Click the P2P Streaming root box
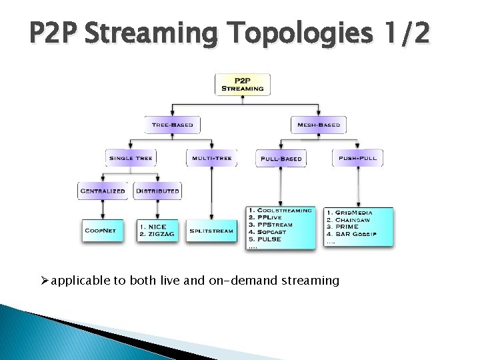[x=242, y=84]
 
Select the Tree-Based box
[x=173, y=125]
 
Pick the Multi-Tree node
[x=211, y=158]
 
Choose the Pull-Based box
[x=281, y=159]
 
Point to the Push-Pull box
[x=357, y=158]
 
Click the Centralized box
[x=103, y=191]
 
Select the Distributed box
[x=157, y=191]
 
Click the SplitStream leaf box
[x=211, y=231]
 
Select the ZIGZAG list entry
[x=157, y=235]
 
